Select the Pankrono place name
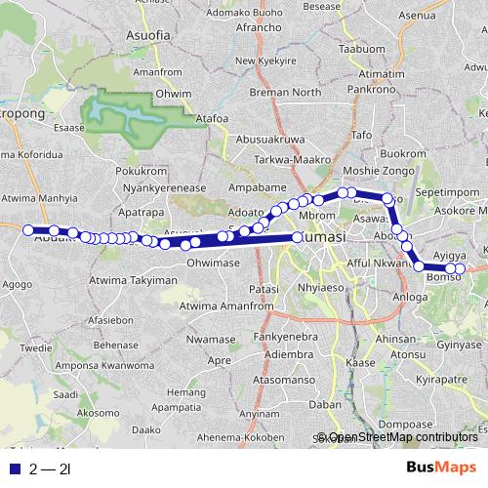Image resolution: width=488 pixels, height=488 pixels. [x=375, y=88]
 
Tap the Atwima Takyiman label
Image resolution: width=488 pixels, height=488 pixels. [x=133, y=280]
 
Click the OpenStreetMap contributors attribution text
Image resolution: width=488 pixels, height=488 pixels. [x=402, y=437]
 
